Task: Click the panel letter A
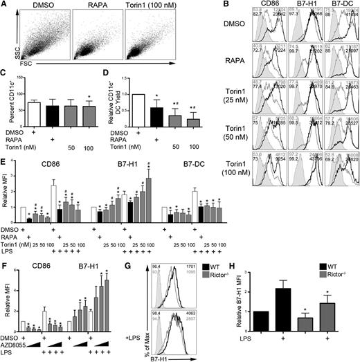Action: tap(4, 6)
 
